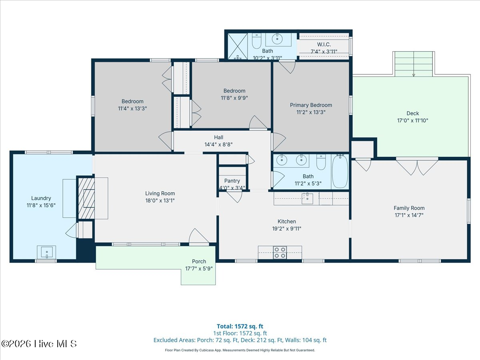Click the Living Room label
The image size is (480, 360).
pos(160,194)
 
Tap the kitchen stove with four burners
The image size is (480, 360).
pos(280,252)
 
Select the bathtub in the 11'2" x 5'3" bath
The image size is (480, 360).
pos(340,171)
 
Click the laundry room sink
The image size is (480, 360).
pos(46,252)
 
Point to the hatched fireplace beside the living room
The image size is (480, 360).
pos(86,198)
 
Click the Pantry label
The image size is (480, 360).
pos(232,181)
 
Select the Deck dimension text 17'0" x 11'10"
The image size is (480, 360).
pos(413,120)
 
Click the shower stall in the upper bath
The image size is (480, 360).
pos(238,46)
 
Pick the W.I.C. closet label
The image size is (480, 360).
pos(324,44)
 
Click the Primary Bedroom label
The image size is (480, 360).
pos(311,105)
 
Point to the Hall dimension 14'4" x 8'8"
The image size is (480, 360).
pos(218,144)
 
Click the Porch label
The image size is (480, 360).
pos(199,262)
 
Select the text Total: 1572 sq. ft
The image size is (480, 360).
pos(240,326)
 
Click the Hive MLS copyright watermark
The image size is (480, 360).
pos(39,344)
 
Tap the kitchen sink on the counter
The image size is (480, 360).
pos(307,198)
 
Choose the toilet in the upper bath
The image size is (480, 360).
pos(256,41)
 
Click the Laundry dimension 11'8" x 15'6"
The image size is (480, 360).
pos(41,205)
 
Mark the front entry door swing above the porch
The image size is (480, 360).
pos(198,236)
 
